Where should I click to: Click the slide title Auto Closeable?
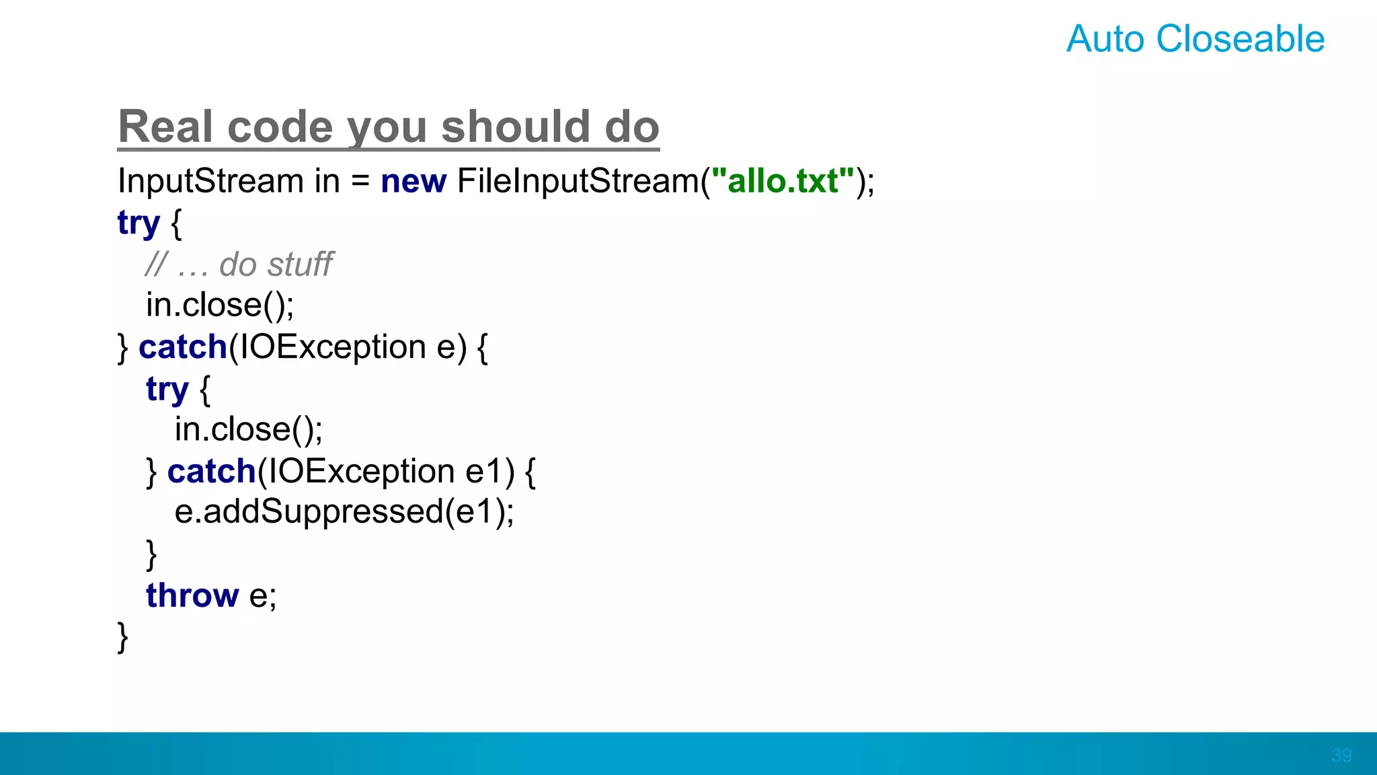[1195, 39]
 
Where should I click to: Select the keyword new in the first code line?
[413, 181]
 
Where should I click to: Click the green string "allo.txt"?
[782, 181]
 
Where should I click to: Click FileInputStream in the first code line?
[578, 181]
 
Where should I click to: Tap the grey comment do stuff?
[276, 264]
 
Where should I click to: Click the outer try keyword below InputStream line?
[139, 223]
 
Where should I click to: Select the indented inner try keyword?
[167, 389]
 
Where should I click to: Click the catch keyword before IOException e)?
[183, 347]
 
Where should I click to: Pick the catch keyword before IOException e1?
[211, 471]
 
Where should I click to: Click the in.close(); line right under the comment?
[220, 305]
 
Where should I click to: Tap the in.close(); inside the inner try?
[248, 429]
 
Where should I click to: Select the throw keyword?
[192, 595]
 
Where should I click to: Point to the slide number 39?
[1341, 755]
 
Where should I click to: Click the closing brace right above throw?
[151, 554]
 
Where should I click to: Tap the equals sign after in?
[360, 181]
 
